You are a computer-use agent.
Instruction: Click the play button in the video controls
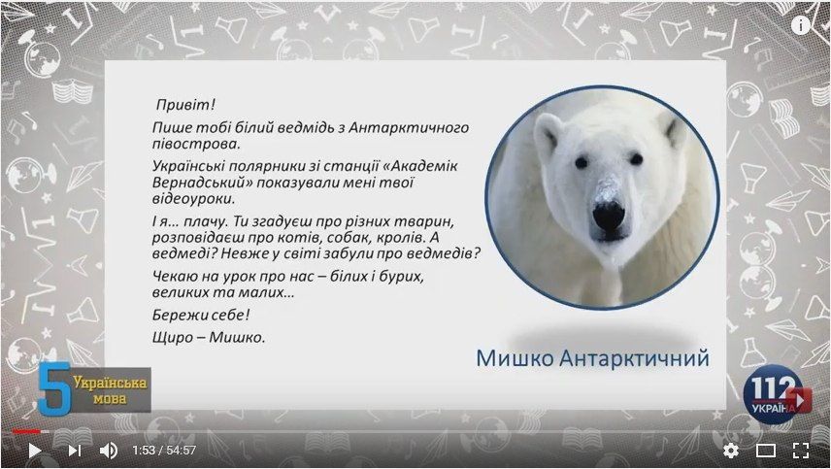(x=34, y=451)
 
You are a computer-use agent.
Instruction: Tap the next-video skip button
(x=74, y=451)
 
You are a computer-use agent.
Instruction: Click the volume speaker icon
(x=109, y=451)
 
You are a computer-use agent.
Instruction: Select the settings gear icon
(x=731, y=451)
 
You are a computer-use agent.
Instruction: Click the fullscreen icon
(x=801, y=451)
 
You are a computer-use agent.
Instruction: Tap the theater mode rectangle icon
(x=766, y=451)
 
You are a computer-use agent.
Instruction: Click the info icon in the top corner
(x=800, y=25)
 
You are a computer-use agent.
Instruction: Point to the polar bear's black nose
(x=609, y=215)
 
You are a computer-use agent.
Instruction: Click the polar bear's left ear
(x=548, y=134)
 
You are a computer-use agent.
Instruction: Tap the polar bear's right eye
(x=636, y=158)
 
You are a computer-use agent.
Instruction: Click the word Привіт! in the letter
(x=185, y=105)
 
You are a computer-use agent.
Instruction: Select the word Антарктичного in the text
(x=409, y=128)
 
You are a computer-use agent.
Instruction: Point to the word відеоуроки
(x=193, y=199)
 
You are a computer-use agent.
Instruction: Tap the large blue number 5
(x=54, y=387)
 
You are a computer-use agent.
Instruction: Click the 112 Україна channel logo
(x=776, y=394)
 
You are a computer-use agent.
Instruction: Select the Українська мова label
(x=110, y=390)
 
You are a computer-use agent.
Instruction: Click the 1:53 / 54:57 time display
(x=164, y=451)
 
